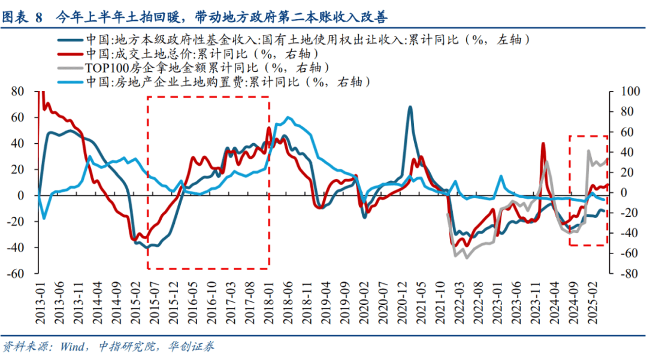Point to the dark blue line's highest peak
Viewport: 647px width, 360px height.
(x=410, y=107)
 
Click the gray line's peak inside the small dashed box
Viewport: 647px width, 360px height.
(x=589, y=151)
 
